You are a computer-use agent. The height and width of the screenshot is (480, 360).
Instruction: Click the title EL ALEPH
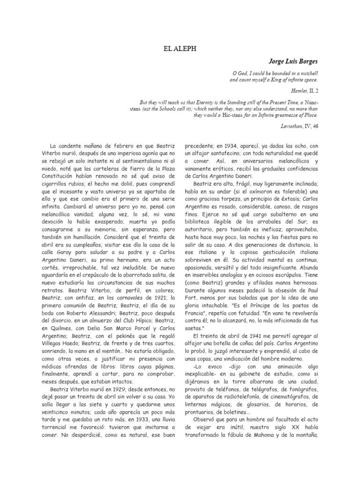[x=180, y=47]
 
